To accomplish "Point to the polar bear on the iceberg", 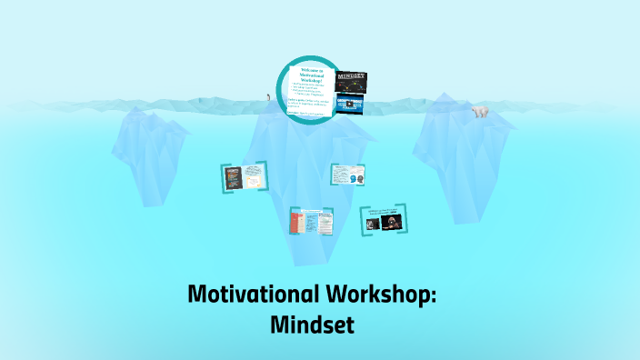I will coord(479,112).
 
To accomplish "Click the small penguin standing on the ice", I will coord(267,96).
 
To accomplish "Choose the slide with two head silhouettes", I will coord(347,175).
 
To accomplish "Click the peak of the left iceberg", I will coord(136,109).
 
